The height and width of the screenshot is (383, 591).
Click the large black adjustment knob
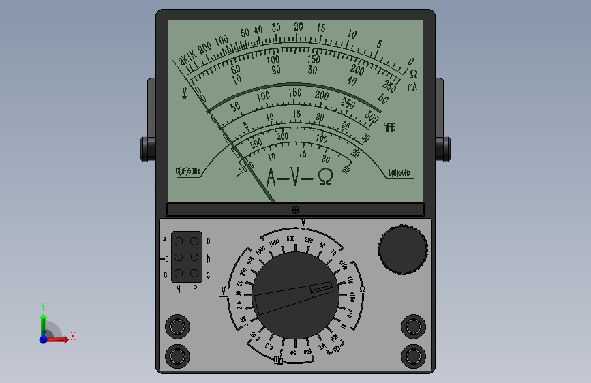403,249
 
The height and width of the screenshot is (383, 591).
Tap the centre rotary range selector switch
295,294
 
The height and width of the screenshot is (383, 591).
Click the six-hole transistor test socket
187,257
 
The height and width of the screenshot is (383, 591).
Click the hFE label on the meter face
389,127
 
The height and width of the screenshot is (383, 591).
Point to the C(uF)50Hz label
188,172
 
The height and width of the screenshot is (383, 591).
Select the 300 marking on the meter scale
372,117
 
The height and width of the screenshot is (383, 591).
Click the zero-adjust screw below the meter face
295,210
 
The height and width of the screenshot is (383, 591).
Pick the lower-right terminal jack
413,355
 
